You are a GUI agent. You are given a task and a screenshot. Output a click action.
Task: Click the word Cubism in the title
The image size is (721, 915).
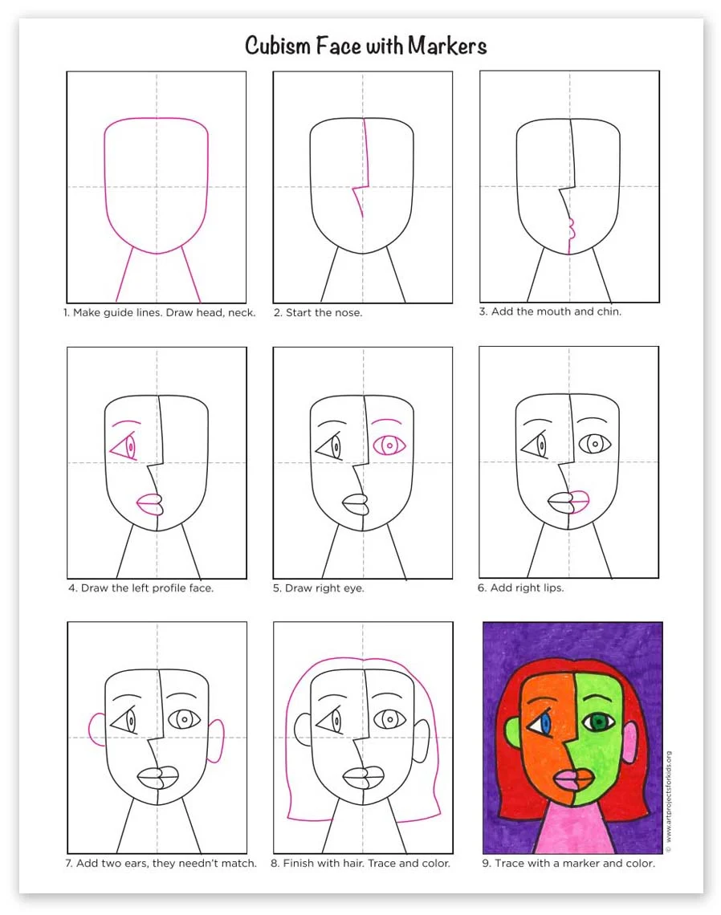click(278, 46)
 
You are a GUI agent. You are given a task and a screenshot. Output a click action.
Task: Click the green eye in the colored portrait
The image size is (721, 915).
click(599, 722)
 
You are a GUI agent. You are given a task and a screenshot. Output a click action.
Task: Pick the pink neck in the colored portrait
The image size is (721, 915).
click(574, 827)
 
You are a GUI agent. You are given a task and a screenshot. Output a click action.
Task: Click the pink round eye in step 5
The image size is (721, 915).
click(389, 445)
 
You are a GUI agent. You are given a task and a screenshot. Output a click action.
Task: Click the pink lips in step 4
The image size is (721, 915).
click(149, 504)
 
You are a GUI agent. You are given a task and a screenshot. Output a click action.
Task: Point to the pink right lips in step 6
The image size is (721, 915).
click(579, 502)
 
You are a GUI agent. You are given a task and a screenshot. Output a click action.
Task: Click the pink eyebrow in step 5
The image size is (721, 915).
click(386, 421)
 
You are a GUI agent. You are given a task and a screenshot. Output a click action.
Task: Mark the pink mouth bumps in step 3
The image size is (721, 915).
click(570, 230)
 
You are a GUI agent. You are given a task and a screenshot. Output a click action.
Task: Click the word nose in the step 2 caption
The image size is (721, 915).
click(348, 313)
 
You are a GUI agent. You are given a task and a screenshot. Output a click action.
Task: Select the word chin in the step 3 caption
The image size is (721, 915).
click(609, 311)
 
